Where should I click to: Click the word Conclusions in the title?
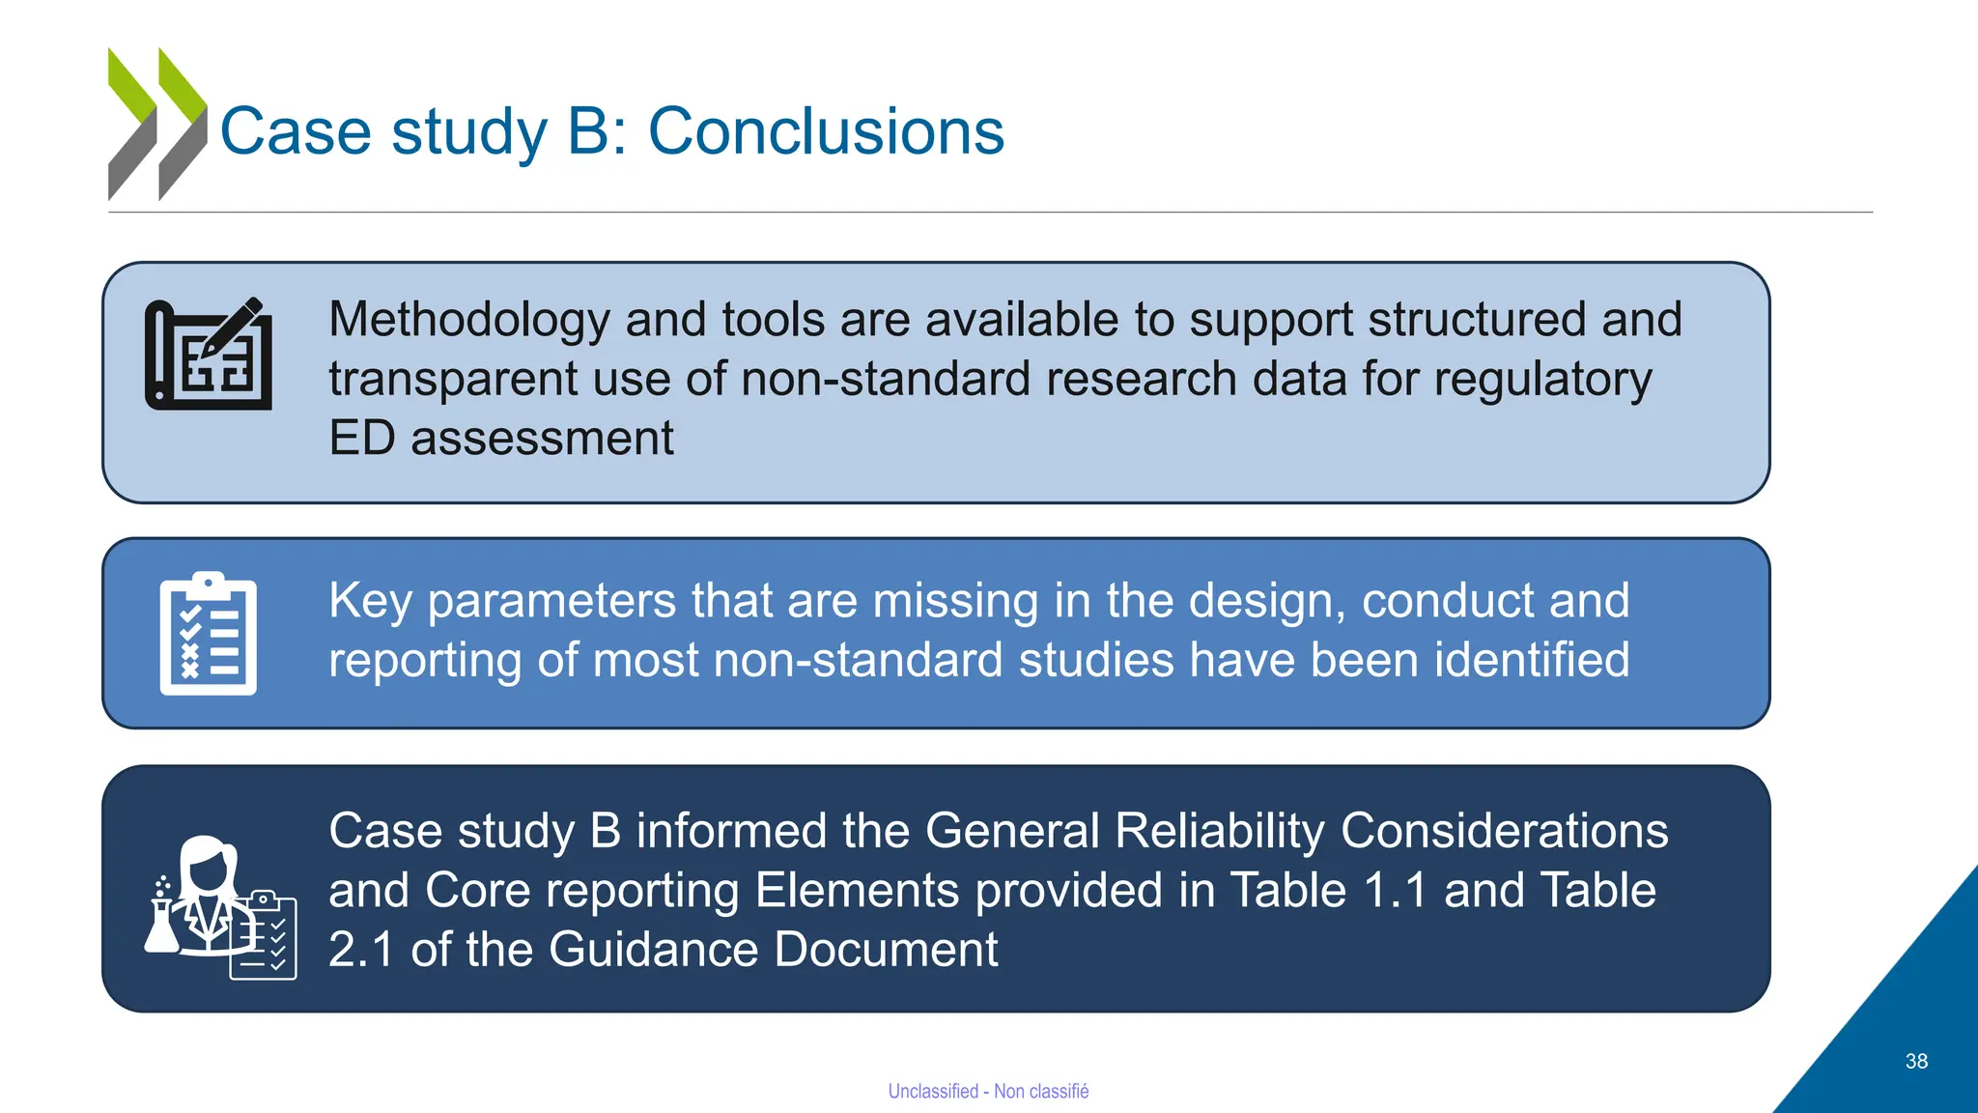coord(826,131)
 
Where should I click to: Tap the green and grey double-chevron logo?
coord(157,124)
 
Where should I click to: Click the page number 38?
coord(1916,1061)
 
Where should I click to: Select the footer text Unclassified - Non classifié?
coord(988,1091)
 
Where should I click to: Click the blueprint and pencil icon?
coord(209,355)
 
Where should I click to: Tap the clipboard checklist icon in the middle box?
coord(209,634)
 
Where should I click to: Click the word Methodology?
coord(468,320)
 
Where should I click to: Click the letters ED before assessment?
coord(361,439)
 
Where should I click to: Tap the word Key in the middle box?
coord(370,601)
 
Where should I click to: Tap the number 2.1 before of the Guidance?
coord(361,950)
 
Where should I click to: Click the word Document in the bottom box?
coord(886,950)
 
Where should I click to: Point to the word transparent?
coord(452,379)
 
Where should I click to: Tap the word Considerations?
coord(1504,832)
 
